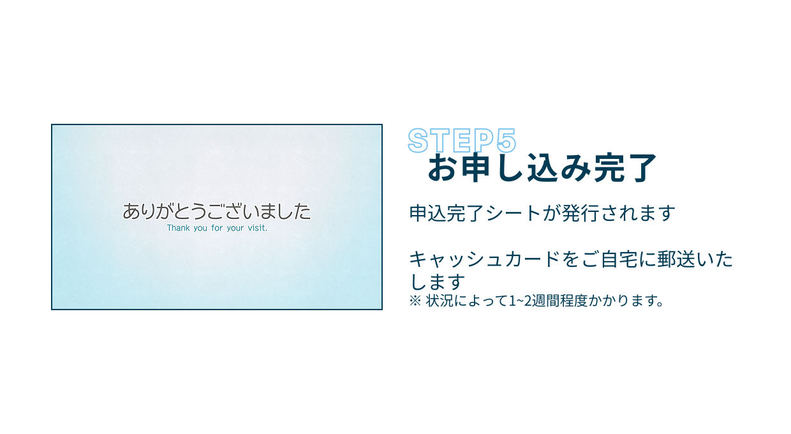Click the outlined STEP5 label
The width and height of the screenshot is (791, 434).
461,140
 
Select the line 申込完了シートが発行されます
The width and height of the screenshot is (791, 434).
542,213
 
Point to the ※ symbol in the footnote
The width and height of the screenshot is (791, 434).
415,301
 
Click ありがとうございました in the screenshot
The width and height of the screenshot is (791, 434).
217,211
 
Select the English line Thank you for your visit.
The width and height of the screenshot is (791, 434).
217,228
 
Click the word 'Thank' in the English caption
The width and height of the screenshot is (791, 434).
178,228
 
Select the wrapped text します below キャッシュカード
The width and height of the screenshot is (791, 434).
436,281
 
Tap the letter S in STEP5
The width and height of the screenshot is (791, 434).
417,140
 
